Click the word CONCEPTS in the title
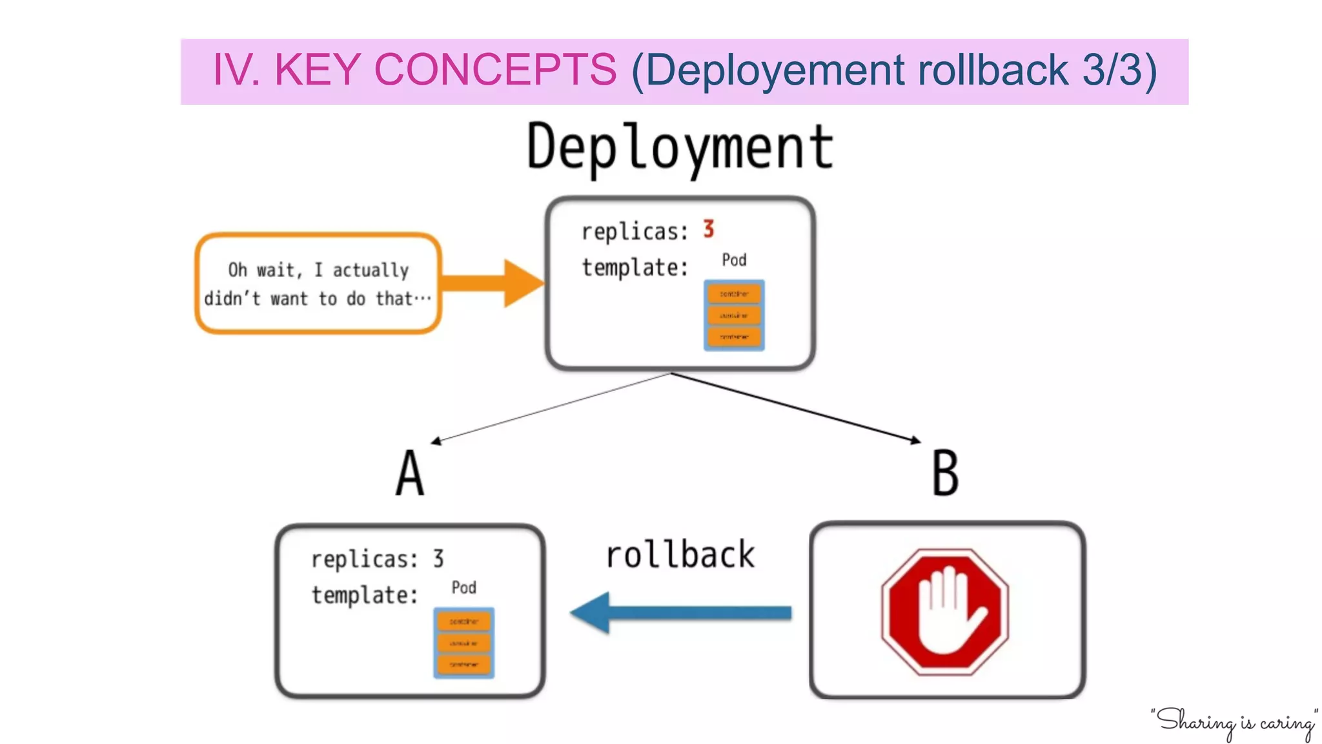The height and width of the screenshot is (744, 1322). (x=495, y=70)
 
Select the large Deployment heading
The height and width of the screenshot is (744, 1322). (x=680, y=147)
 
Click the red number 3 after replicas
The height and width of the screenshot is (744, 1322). (x=708, y=229)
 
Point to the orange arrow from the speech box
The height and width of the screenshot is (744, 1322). (x=494, y=283)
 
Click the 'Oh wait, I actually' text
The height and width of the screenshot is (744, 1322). (x=318, y=269)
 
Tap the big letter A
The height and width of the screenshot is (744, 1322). (x=410, y=473)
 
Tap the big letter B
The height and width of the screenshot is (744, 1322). (x=945, y=473)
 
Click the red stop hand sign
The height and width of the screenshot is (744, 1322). (x=945, y=612)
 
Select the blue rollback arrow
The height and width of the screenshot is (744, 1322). (x=681, y=612)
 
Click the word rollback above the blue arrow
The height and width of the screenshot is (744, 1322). (x=680, y=555)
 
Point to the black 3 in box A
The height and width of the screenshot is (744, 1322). (x=438, y=558)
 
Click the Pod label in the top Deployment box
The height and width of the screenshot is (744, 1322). (x=734, y=260)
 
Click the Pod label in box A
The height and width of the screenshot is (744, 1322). (x=463, y=587)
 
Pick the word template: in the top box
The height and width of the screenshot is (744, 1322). (x=635, y=267)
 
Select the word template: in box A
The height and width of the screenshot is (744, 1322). (x=365, y=594)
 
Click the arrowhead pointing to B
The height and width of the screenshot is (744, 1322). (x=915, y=440)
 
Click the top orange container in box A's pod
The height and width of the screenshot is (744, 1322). (x=463, y=621)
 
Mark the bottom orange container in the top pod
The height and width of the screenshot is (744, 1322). (x=734, y=336)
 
